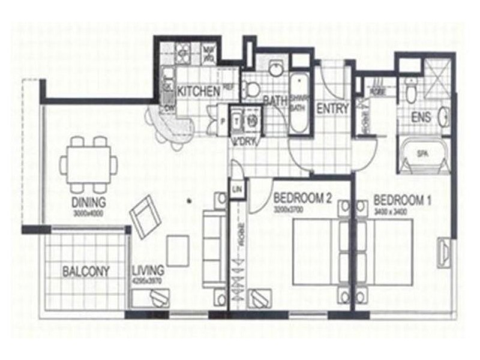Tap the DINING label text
tap(88, 202)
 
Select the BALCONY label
tap(86, 271)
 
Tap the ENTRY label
tap(332, 109)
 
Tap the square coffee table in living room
tap(178, 250)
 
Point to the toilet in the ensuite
tap(411, 92)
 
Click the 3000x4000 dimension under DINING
tap(88, 212)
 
